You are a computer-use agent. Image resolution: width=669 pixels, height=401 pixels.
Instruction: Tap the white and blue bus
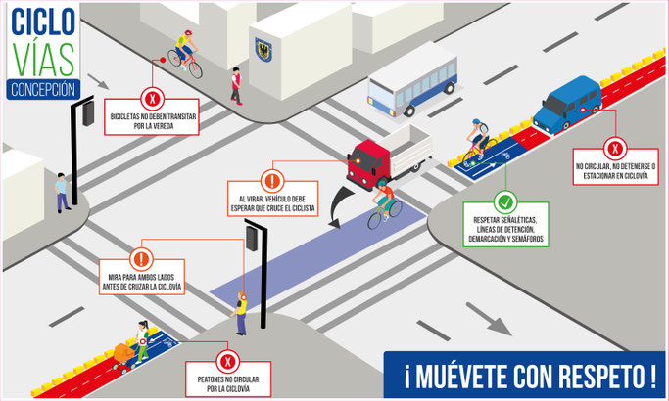(411, 83)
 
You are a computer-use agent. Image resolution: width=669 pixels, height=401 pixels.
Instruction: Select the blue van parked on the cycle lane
(566, 105)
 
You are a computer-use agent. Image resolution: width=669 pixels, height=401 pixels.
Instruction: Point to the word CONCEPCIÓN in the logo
(41, 89)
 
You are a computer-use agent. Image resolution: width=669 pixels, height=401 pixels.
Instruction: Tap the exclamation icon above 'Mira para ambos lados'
(142, 260)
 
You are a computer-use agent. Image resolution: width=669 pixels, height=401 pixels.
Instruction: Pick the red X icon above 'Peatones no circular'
(228, 361)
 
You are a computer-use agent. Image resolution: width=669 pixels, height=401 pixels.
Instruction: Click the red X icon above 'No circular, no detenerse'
(615, 150)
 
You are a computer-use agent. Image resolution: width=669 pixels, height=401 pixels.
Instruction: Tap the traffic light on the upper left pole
(89, 113)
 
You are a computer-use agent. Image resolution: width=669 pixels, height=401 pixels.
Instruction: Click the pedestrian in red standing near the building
(235, 85)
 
